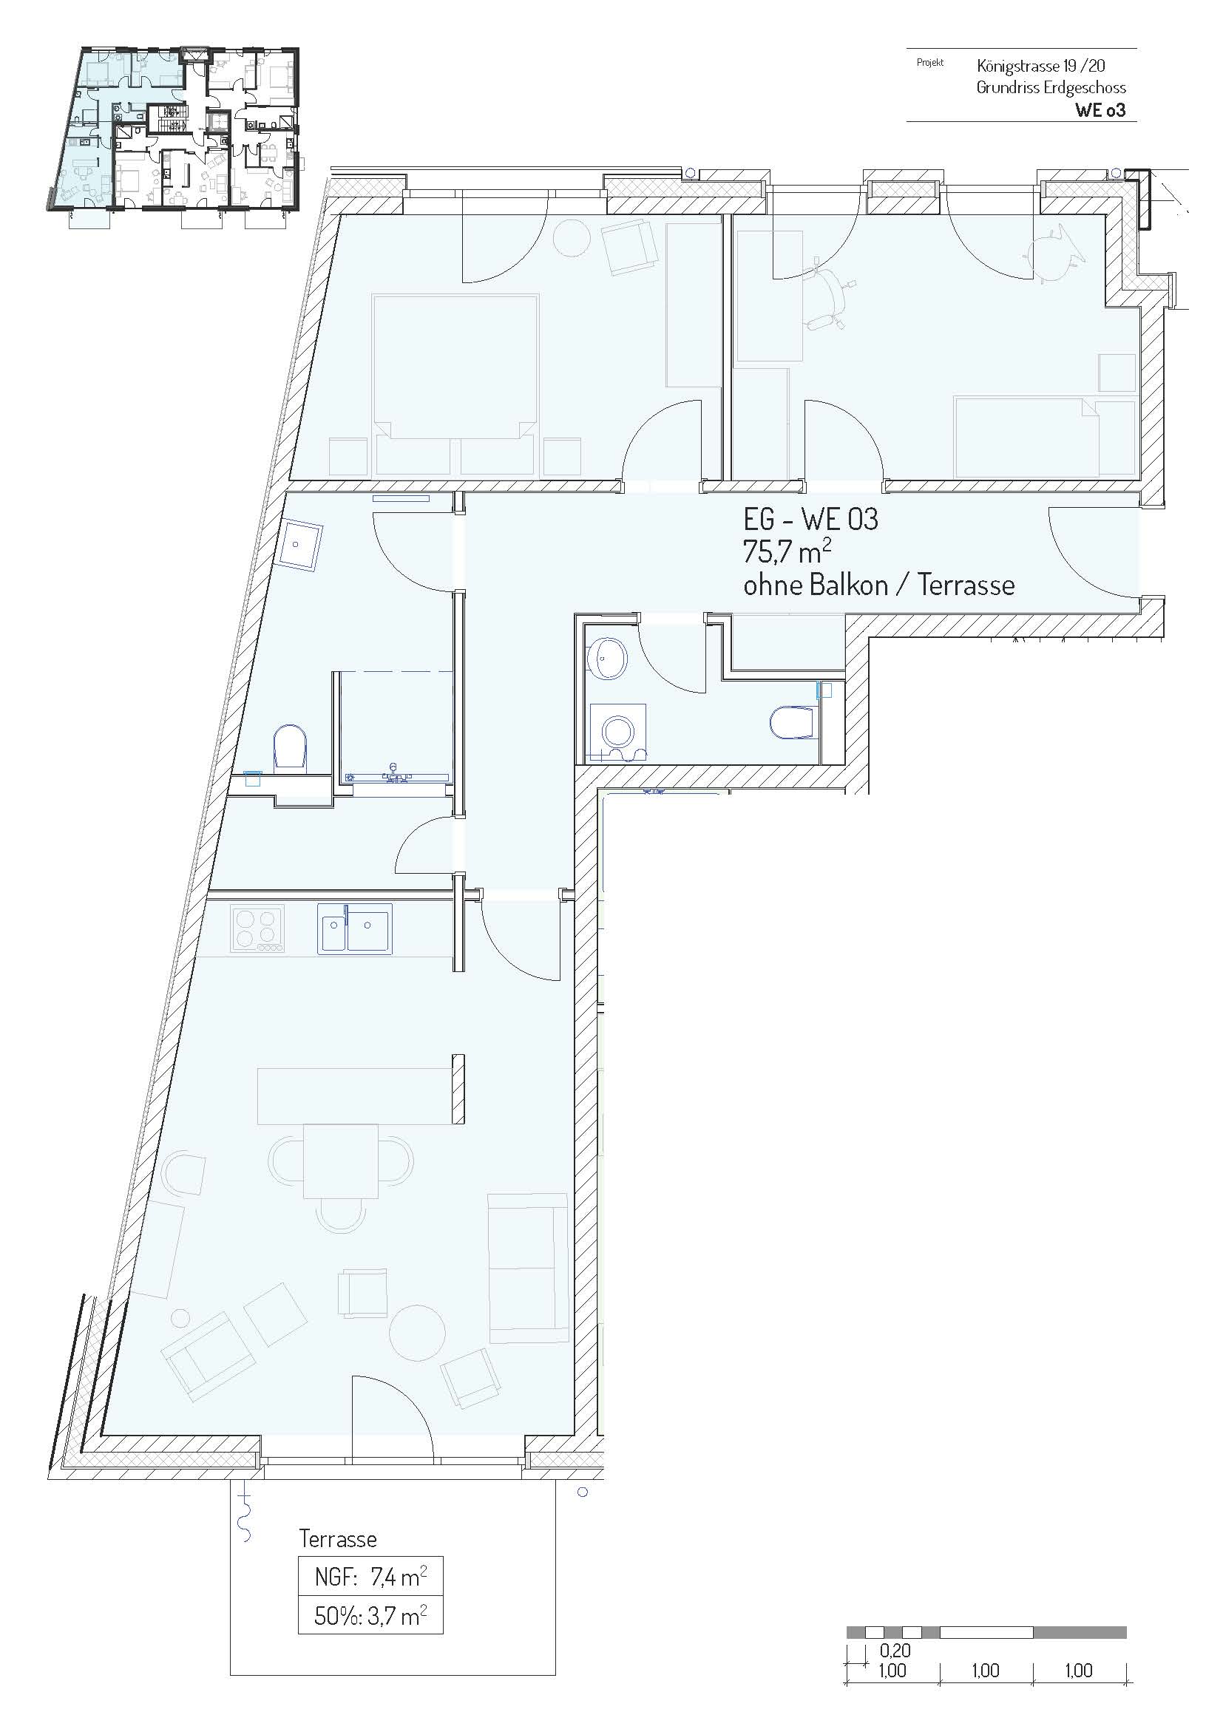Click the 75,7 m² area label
pyautogui.click(x=787, y=552)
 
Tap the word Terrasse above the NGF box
pyautogui.click(x=338, y=1538)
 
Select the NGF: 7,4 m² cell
pyautogui.click(x=370, y=1576)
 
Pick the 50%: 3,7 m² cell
pyautogui.click(x=370, y=1616)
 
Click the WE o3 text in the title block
pyautogui.click(x=1100, y=110)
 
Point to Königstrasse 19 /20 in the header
pyautogui.click(x=1041, y=67)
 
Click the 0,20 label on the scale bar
pyautogui.click(x=895, y=1651)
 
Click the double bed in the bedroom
pyautogui.click(x=455, y=384)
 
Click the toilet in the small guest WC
pyautogui.click(x=793, y=722)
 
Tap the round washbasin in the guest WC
pyautogui.click(x=609, y=657)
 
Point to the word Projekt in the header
pyautogui.click(x=930, y=64)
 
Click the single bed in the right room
pyautogui.click(x=1044, y=437)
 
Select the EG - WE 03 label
pyautogui.click(x=810, y=519)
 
